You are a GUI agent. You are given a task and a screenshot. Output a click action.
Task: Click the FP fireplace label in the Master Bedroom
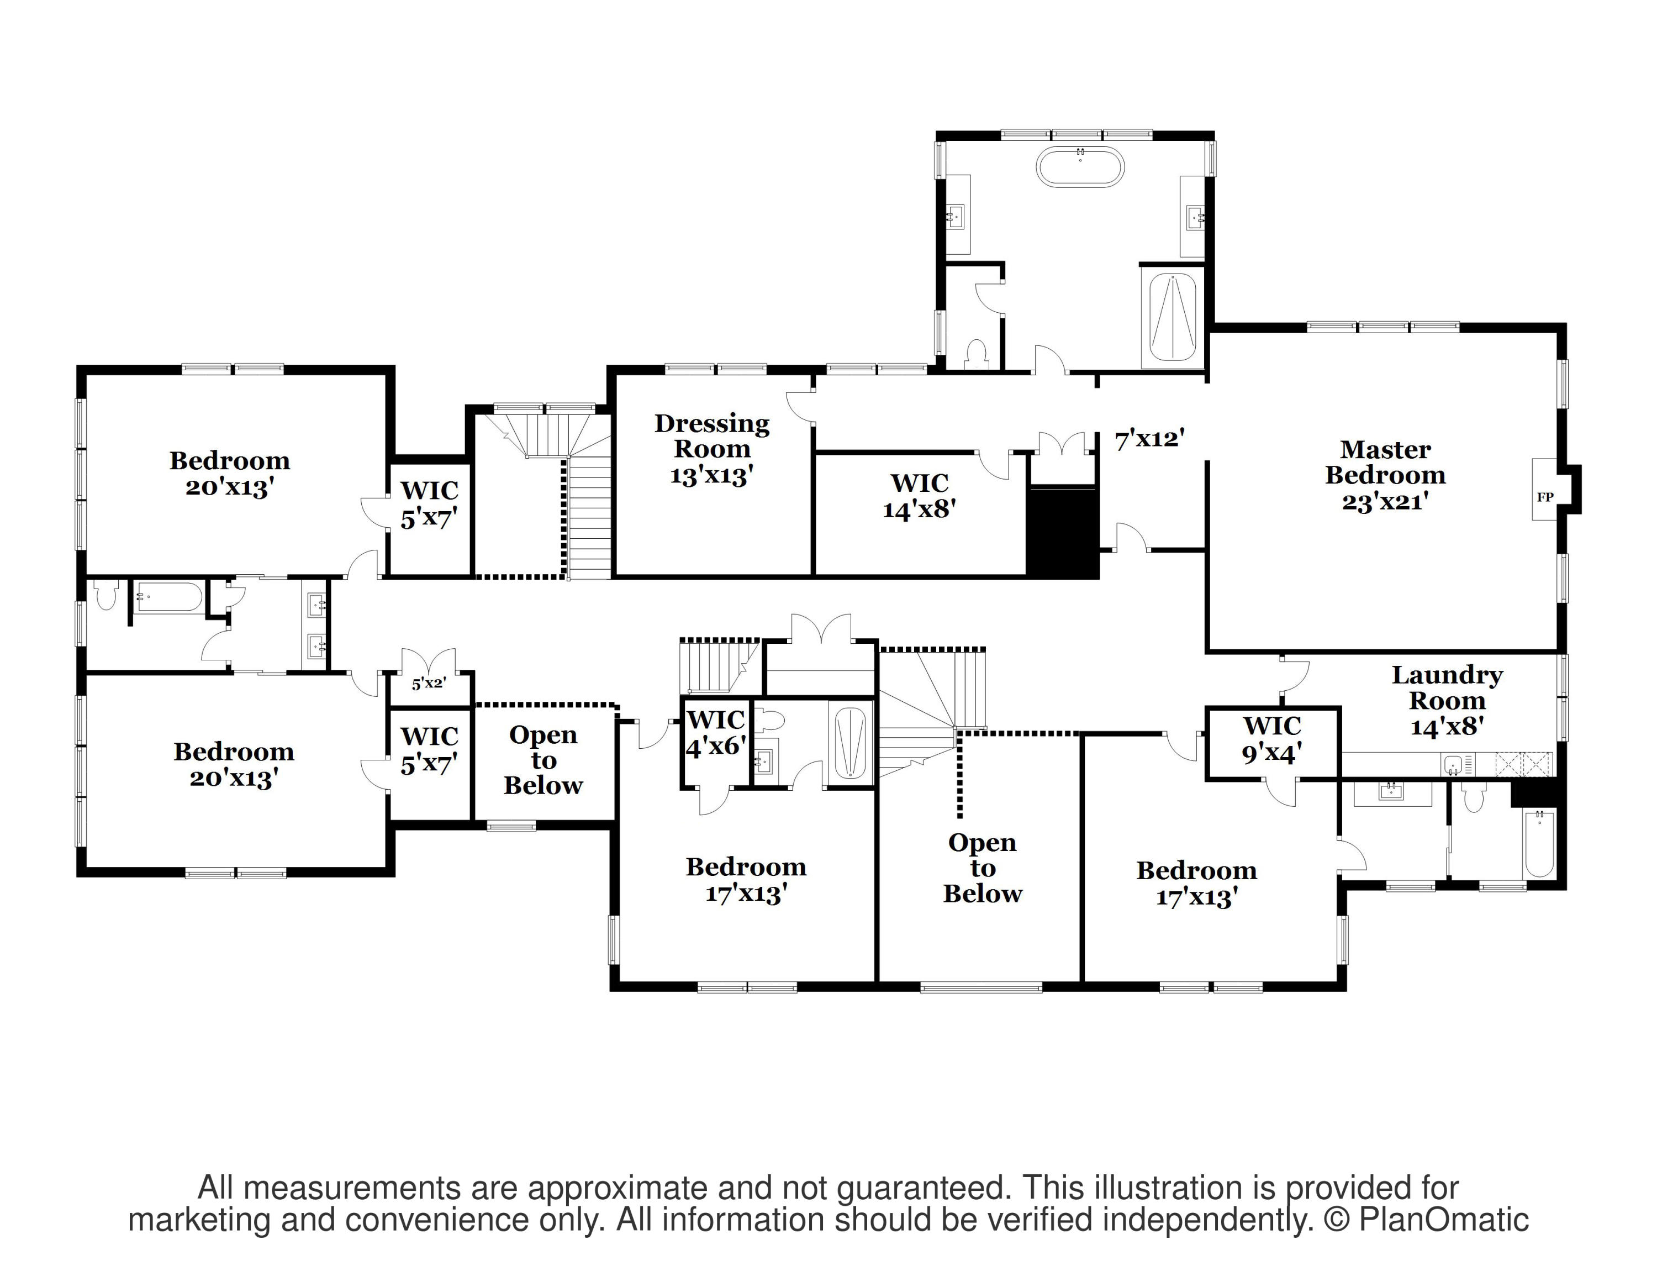tap(1545, 497)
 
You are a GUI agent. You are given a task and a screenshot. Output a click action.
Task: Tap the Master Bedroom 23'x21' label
tap(1385, 475)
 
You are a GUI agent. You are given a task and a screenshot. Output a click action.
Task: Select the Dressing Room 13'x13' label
tap(711, 449)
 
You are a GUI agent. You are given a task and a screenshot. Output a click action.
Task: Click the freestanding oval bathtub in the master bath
tap(1079, 166)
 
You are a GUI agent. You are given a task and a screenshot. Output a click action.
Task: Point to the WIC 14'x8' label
tap(919, 496)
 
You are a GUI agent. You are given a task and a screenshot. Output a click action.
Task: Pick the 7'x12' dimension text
tap(1149, 439)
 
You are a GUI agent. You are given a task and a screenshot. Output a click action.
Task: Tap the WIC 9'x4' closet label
tap(1272, 739)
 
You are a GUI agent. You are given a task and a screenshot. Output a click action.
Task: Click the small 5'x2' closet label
tap(429, 683)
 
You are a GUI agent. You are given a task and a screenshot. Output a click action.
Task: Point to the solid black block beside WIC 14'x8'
tap(1062, 532)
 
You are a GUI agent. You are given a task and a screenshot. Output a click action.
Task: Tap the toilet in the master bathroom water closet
tap(977, 355)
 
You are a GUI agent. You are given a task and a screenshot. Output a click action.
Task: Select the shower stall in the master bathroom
tap(1172, 318)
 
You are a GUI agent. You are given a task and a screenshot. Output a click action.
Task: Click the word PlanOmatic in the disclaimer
tap(1444, 1220)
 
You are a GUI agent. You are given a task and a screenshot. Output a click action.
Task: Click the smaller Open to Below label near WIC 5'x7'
tap(543, 760)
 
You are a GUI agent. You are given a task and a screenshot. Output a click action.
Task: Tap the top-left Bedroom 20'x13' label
tap(229, 474)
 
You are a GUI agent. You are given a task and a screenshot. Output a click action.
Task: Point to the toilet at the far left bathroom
tap(107, 595)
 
